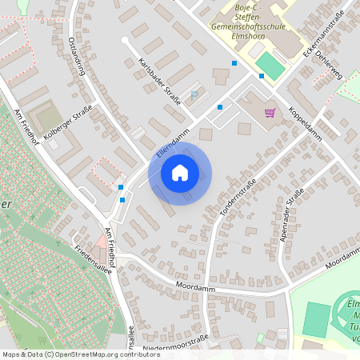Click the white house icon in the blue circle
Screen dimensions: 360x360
pyautogui.click(x=179, y=173)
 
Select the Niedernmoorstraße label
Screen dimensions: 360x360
pyautogui.click(x=175, y=342)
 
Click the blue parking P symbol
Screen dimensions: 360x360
pyautogui.click(x=194, y=94)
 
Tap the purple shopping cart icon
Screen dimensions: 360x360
pyautogui.click(x=270, y=113)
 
